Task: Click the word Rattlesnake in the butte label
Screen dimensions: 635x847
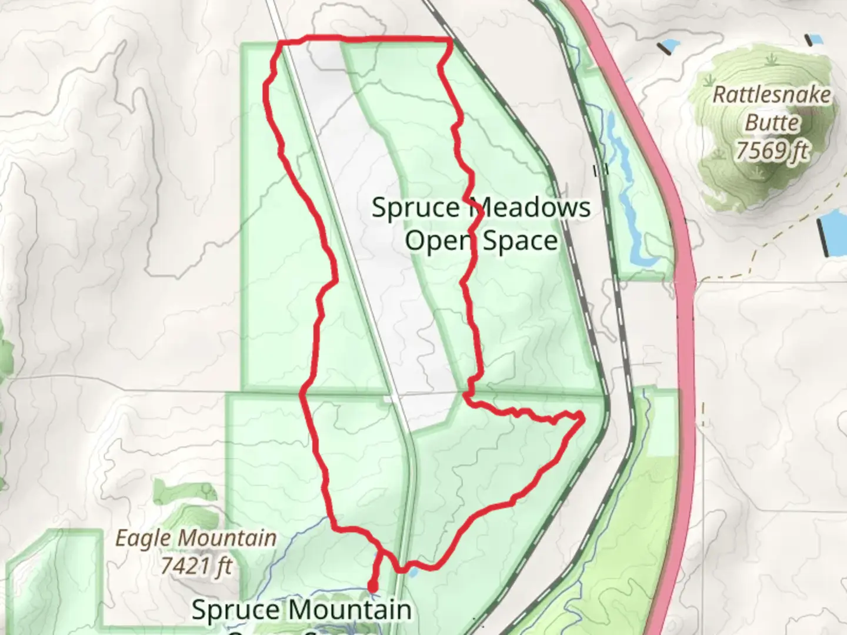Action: pyautogui.click(x=771, y=95)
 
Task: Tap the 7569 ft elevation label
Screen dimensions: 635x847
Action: pyautogui.click(x=771, y=151)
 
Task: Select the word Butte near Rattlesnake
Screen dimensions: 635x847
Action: pyautogui.click(x=772, y=123)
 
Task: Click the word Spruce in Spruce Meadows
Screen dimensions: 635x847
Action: pyautogui.click(x=416, y=208)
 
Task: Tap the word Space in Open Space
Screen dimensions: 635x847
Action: pyautogui.click(x=520, y=241)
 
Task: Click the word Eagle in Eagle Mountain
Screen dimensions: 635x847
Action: pyautogui.click(x=144, y=538)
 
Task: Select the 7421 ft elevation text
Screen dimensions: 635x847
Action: pyautogui.click(x=196, y=566)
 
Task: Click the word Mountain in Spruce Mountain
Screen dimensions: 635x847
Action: pyautogui.click(x=354, y=610)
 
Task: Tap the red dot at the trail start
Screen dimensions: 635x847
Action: pyautogui.click(x=372, y=586)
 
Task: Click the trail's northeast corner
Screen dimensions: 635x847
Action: pyautogui.click(x=450, y=40)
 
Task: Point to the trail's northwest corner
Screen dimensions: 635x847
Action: pyautogui.click(x=281, y=43)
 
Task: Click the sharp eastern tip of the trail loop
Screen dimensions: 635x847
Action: pyautogui.click(x=582, y=416)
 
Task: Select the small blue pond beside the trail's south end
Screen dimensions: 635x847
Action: pyautogui.click(x=412, y=570)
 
